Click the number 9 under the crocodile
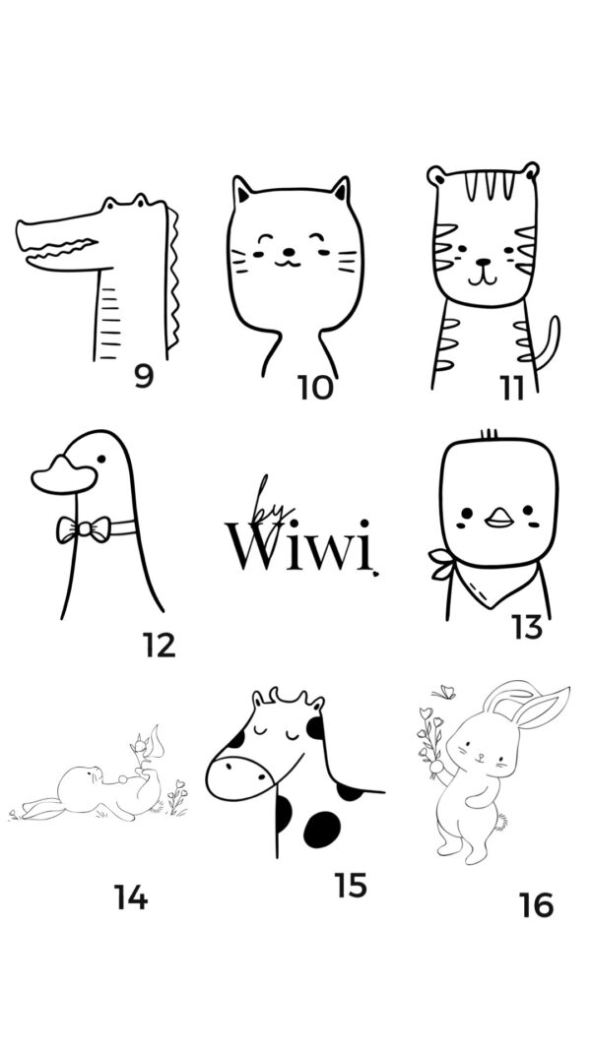(x=144, y=375)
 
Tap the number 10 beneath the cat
(x=315, y=387)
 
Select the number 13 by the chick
(x=527, y=628)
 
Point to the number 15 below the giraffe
(x=351, y=886)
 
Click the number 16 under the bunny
(x=536, y=905)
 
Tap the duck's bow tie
(x=84, y=529)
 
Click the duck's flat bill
(x=64, y=474)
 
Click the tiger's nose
(x=483, y=262)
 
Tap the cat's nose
(x=289, y=252)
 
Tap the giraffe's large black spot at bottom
(x=322, y=829)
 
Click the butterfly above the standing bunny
(x=444, y=693)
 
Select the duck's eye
(x=100, y=459)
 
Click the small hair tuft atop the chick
(x=490, y=434)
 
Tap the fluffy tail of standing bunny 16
(x=499, y=821)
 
